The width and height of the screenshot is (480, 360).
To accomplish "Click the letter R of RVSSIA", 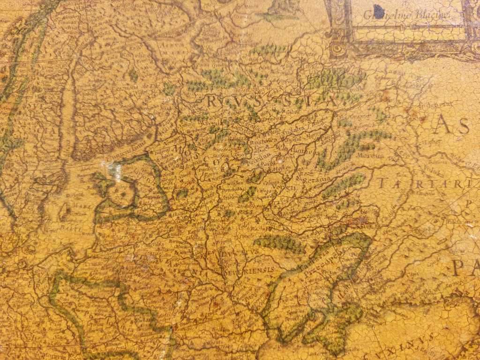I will pyautogui.click(x=212, y=100).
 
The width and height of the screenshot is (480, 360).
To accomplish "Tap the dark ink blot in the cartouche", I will pyautogui.click(x=378, y=11).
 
